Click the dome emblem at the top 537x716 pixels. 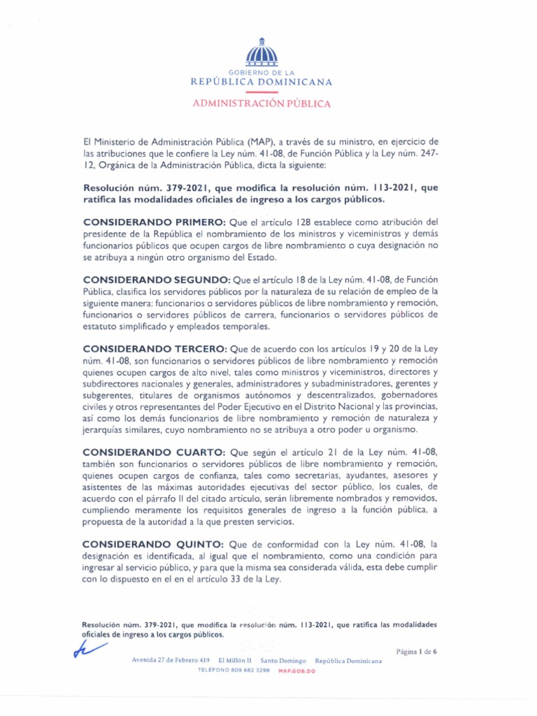point(262,52)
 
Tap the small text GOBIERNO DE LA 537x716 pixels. point(262,73)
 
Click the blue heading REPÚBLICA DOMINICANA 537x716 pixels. point(262,82)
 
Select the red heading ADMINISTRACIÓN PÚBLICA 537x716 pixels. point(262,103)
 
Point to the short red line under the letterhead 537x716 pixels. point(262,92)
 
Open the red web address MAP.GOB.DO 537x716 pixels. point(297,670)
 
